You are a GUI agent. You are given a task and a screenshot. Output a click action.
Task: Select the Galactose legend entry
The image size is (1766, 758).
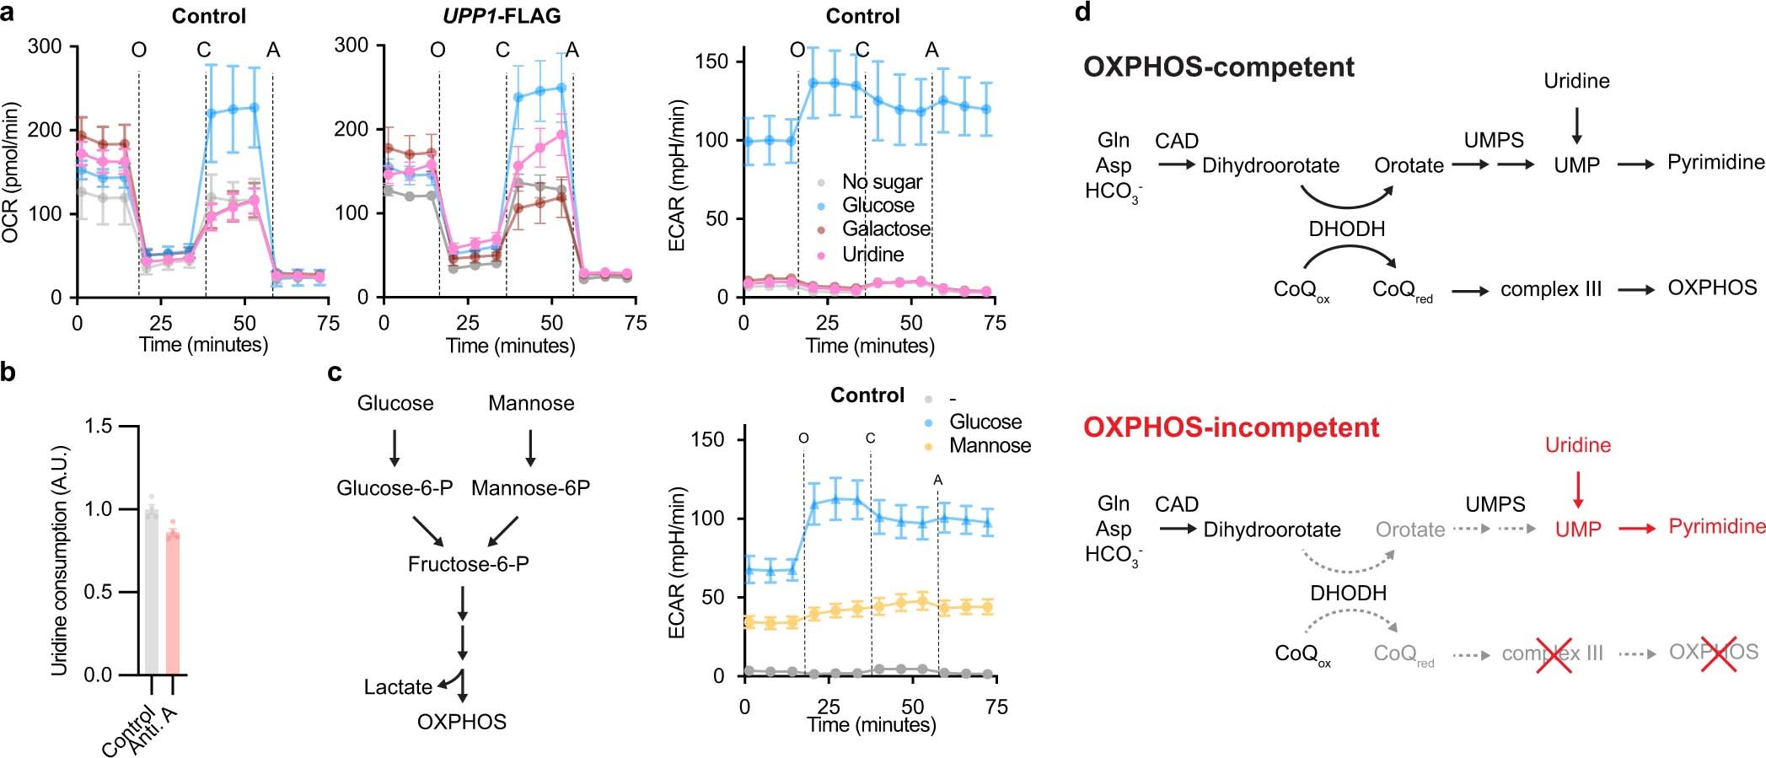pos(885,229)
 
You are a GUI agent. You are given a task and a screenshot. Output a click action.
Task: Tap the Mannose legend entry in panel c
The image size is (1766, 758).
pos(989,446)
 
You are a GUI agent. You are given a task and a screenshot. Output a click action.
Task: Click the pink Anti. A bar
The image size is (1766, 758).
pos(173,603)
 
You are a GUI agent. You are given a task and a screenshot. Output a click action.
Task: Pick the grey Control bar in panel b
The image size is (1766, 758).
pos(151,590)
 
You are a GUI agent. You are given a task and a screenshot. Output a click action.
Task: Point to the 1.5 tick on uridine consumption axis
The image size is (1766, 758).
pos(99,426)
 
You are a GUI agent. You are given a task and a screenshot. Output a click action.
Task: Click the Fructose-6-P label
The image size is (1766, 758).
pos(468,564)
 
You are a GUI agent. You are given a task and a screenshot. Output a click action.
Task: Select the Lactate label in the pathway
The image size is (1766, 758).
pos(398,687)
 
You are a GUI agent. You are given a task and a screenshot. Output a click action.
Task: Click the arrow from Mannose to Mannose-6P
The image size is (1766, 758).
pos(530,448)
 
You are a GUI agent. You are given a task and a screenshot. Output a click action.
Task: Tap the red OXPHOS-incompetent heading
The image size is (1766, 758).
pos(1231,427)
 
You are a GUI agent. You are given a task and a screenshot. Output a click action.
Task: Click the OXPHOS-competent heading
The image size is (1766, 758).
pos(1218,67)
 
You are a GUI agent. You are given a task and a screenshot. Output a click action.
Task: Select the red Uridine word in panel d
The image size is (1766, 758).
pos(1577,445)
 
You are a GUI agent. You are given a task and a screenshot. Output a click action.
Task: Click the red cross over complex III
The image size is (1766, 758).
pos(1553,654)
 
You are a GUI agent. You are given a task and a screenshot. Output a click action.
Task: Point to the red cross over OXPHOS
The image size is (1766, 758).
pos(1717,653)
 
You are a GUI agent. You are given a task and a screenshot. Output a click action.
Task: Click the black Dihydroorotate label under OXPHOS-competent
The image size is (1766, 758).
pos(1270,166)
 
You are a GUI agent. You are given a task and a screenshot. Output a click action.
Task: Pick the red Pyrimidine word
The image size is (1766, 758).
pos(1716,527)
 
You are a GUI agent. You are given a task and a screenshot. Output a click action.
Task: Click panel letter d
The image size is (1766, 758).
pos(1083,12)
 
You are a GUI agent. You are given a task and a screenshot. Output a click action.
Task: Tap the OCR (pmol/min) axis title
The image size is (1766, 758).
pos(10,173)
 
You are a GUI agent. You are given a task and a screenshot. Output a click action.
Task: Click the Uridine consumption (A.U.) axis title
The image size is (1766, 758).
pos(59,561)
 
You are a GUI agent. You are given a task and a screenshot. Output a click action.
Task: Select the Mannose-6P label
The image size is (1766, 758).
pos(530,488)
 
